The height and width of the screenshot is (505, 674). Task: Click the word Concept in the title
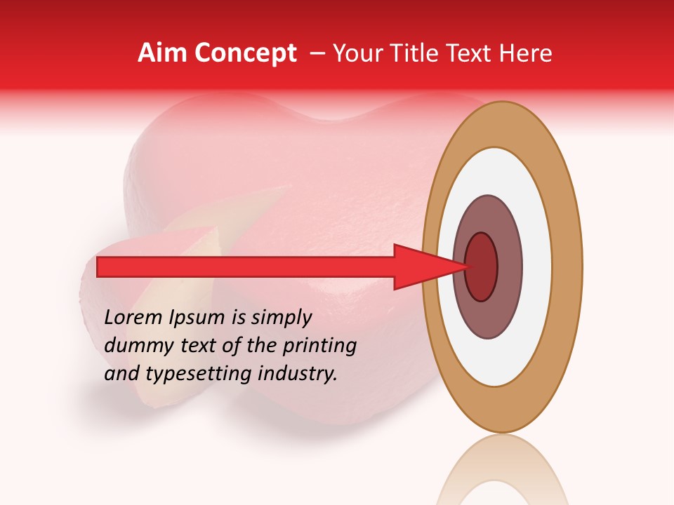[x=245, y=54]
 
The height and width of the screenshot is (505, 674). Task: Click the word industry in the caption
[x=299, y=374]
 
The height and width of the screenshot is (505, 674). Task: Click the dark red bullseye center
[x=482, y=267]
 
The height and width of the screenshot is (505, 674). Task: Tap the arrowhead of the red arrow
[x=421, y=267]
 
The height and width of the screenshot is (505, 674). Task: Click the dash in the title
[x=317, y=53]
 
